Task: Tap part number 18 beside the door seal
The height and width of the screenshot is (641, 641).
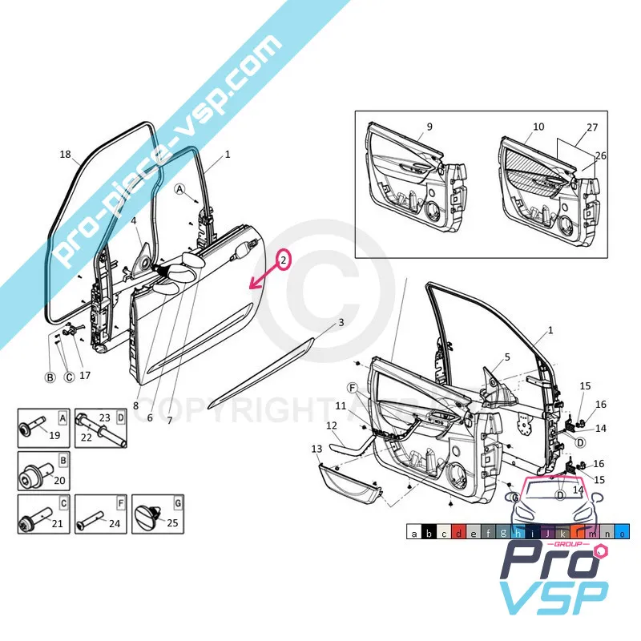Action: (x=66, y=155)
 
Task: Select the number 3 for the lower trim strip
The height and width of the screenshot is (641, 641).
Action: (x=341, y=322)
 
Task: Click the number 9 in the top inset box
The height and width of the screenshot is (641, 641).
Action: (x=429, y=127)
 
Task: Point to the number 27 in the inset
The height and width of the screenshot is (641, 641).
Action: (x=592, y=127)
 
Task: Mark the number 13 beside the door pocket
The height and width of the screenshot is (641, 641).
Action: (x=316, y=449)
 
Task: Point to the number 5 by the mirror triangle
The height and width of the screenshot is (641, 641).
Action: (x=506, y=357)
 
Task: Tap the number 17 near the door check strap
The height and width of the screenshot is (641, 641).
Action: (x=85, y=374)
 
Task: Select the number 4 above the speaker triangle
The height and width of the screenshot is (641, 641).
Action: (x=134, y=221)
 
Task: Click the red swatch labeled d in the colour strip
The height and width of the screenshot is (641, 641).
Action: (x=458, y=533)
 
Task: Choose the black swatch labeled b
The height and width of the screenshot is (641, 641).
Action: (x=428, y=533)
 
